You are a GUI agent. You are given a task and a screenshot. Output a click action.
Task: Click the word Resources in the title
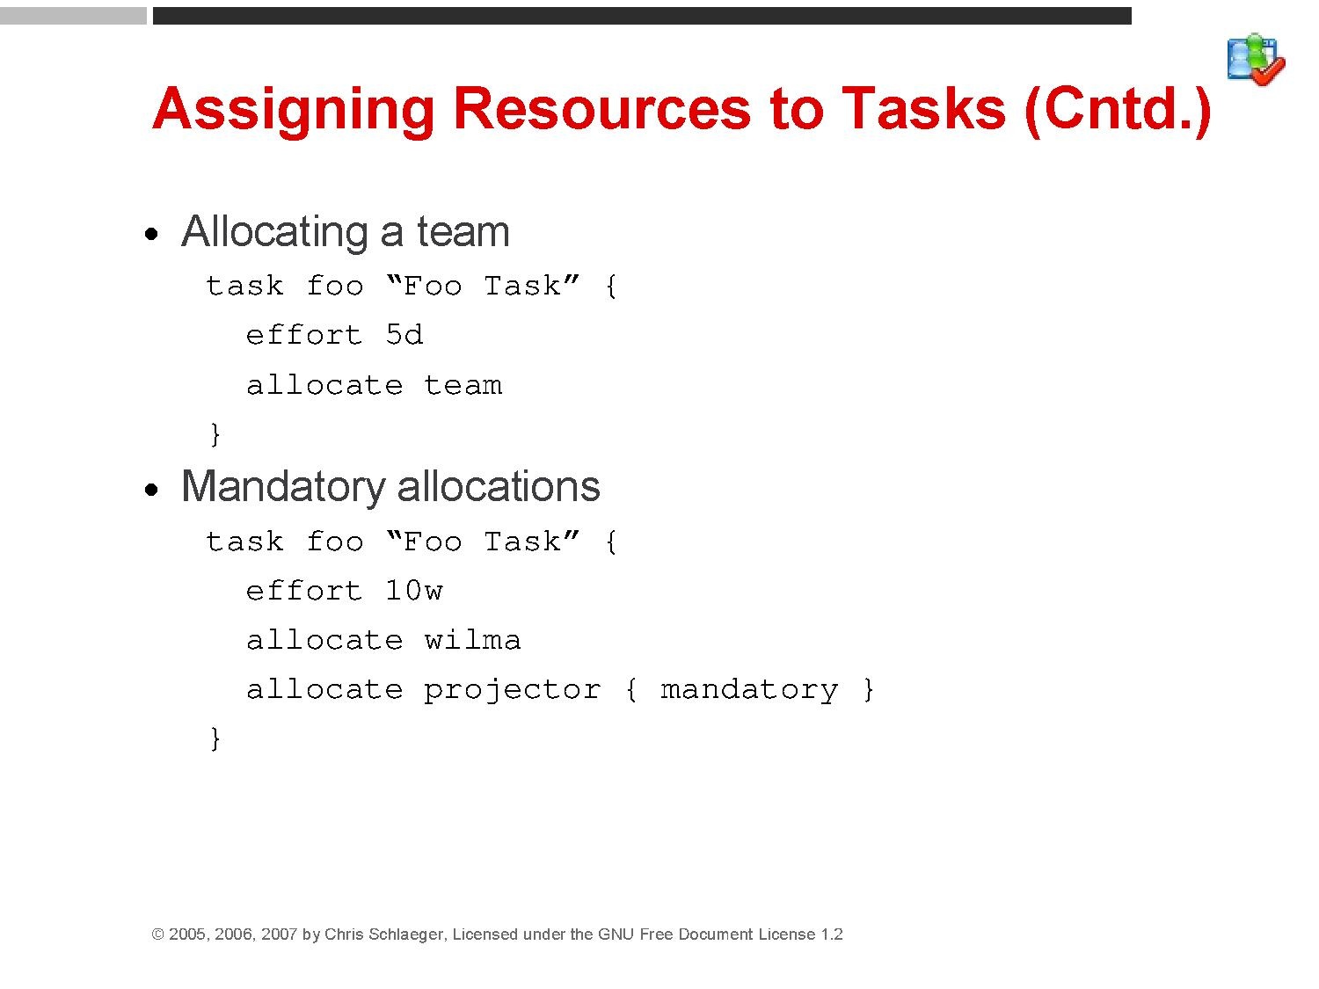point(601,109)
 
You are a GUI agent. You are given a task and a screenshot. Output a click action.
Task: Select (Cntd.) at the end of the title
point(1118,110)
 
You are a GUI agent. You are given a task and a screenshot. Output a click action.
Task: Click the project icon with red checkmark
point(1256,60)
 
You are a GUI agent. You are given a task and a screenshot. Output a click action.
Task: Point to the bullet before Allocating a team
point(151,234)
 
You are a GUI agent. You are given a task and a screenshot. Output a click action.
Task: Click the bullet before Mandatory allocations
point(151,490)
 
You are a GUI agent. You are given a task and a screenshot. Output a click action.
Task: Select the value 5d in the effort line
point(404,334)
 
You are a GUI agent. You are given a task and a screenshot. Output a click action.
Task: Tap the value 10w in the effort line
point(413,590)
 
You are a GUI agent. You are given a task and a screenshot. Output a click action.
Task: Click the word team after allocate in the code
point(463,385)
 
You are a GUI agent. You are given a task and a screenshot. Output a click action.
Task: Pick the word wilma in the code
point(472,639)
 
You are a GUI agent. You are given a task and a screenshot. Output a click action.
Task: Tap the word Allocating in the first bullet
point(274,232)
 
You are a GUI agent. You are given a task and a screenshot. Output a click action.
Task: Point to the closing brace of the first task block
point(215,434)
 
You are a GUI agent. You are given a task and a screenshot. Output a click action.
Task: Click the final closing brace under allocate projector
point(215,738)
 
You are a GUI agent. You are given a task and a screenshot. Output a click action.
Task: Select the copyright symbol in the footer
point(158,934)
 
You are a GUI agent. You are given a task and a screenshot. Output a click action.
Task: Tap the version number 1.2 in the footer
point(832,934)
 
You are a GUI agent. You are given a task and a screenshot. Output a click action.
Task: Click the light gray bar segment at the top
point(73,16)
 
